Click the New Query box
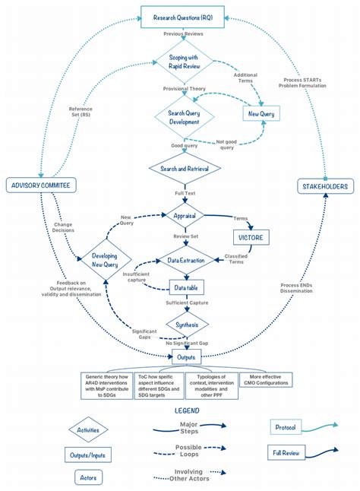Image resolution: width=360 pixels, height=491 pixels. coord(263,113)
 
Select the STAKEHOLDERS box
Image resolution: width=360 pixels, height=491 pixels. coord(324,185)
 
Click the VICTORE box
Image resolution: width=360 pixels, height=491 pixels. coord(251,238)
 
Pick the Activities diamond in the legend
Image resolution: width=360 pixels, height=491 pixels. coord(88,429)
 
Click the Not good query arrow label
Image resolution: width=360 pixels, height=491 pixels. coord(226,144)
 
